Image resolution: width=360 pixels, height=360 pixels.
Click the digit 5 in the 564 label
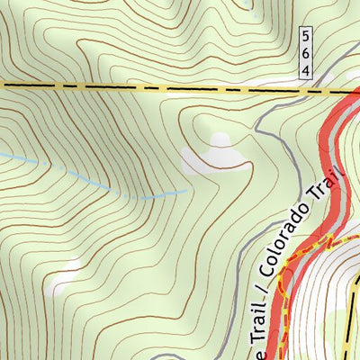307,37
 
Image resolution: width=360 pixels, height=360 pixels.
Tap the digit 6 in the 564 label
307,53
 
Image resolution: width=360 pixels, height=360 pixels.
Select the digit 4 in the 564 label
307,68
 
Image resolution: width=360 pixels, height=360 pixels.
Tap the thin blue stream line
90,175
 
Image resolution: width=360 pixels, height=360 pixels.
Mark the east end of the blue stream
187,190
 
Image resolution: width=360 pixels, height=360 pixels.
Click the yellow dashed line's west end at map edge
3,85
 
